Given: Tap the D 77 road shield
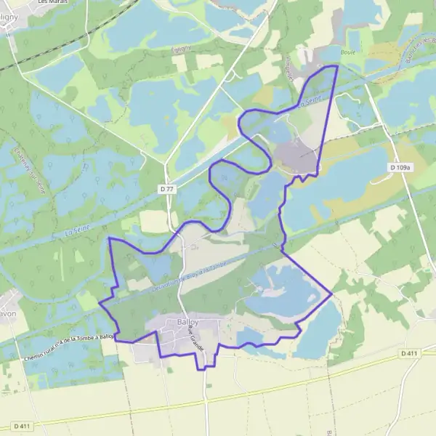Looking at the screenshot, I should click(167, 189).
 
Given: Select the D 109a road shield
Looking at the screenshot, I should click(400, 167).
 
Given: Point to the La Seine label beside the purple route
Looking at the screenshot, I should click(305, 105).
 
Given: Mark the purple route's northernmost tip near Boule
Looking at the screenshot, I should click(337, 66).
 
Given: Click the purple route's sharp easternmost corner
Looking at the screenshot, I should click(332, 294).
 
